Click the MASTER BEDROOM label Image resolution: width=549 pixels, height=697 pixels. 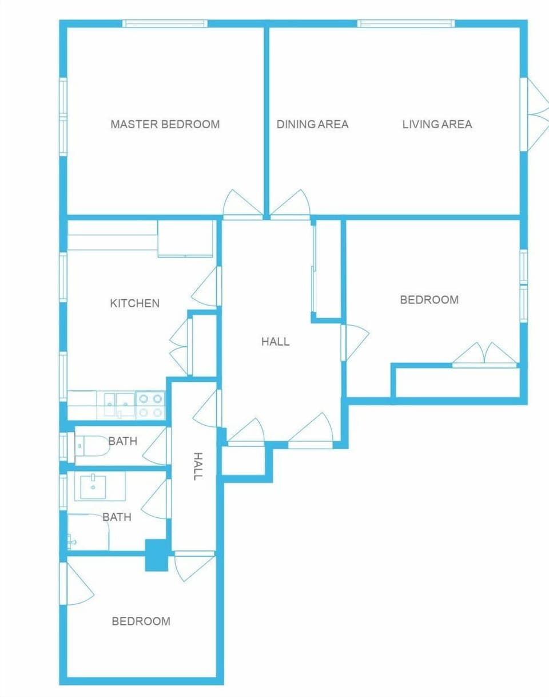point(165,124)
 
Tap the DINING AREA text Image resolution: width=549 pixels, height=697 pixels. point(312,124)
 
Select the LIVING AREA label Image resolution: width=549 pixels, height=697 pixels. point(437,124)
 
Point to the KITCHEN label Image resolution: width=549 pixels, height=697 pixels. point(134,303)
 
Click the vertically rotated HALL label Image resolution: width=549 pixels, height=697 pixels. point(197,466)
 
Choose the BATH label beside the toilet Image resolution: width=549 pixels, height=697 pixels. point(122,441)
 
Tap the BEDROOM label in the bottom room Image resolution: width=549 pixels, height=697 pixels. point(141,621)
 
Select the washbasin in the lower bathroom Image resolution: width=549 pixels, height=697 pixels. point(92,487)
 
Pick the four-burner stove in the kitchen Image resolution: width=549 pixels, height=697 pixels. point(150,405)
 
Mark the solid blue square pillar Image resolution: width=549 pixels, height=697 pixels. point(155,555)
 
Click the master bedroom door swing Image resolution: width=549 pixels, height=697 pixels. point(236,205)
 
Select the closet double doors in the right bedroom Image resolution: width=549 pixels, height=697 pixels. point(485,355)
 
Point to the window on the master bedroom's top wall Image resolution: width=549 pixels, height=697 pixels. point(165,24)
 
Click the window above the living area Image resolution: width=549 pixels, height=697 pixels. point(406,24)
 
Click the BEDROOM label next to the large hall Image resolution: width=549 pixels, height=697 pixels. point(429,300)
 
